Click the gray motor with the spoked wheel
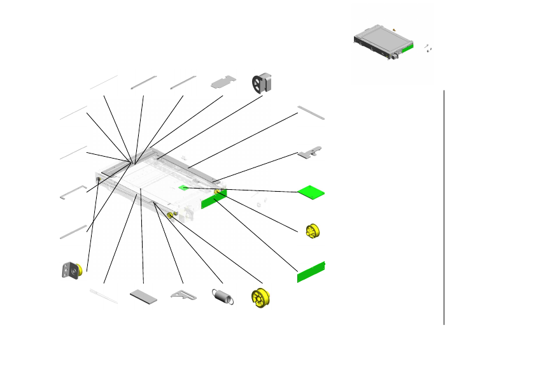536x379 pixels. pos(262,83)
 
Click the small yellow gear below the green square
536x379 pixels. pos(313,231)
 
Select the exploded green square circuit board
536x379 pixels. pos(312,191)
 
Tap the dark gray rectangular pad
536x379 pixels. pos(144,297)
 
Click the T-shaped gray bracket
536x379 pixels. pos(310,153)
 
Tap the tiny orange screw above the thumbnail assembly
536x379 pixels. pos(395,29)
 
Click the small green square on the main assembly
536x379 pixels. pos(183,188)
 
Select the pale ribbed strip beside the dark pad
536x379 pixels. pos(104,296)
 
